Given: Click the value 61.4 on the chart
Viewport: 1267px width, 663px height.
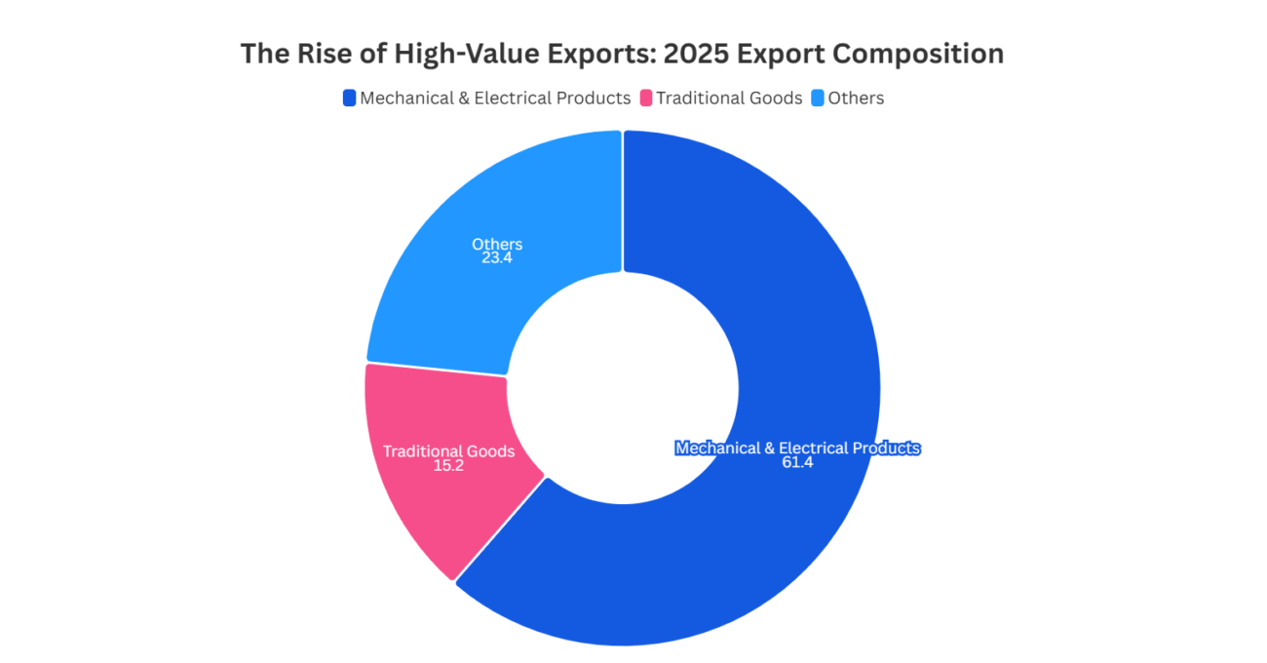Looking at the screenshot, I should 797,462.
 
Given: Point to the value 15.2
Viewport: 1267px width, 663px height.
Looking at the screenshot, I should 448,466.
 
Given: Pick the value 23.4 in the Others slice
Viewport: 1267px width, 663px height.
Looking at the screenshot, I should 497,258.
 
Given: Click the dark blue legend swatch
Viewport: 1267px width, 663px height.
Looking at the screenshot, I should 349,97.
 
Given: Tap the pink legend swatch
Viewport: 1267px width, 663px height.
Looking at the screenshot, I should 646,97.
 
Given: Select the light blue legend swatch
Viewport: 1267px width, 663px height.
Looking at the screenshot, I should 818,97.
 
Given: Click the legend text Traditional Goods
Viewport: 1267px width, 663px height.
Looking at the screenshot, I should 729,97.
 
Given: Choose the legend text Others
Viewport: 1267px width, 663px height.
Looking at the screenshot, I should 856,97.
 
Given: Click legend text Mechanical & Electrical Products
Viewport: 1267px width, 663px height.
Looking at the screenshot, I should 495,97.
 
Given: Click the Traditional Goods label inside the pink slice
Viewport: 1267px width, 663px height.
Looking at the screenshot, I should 448,451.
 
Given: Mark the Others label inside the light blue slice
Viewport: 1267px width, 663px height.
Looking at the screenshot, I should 497,244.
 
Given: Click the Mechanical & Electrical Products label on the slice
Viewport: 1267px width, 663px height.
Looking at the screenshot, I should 797,448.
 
